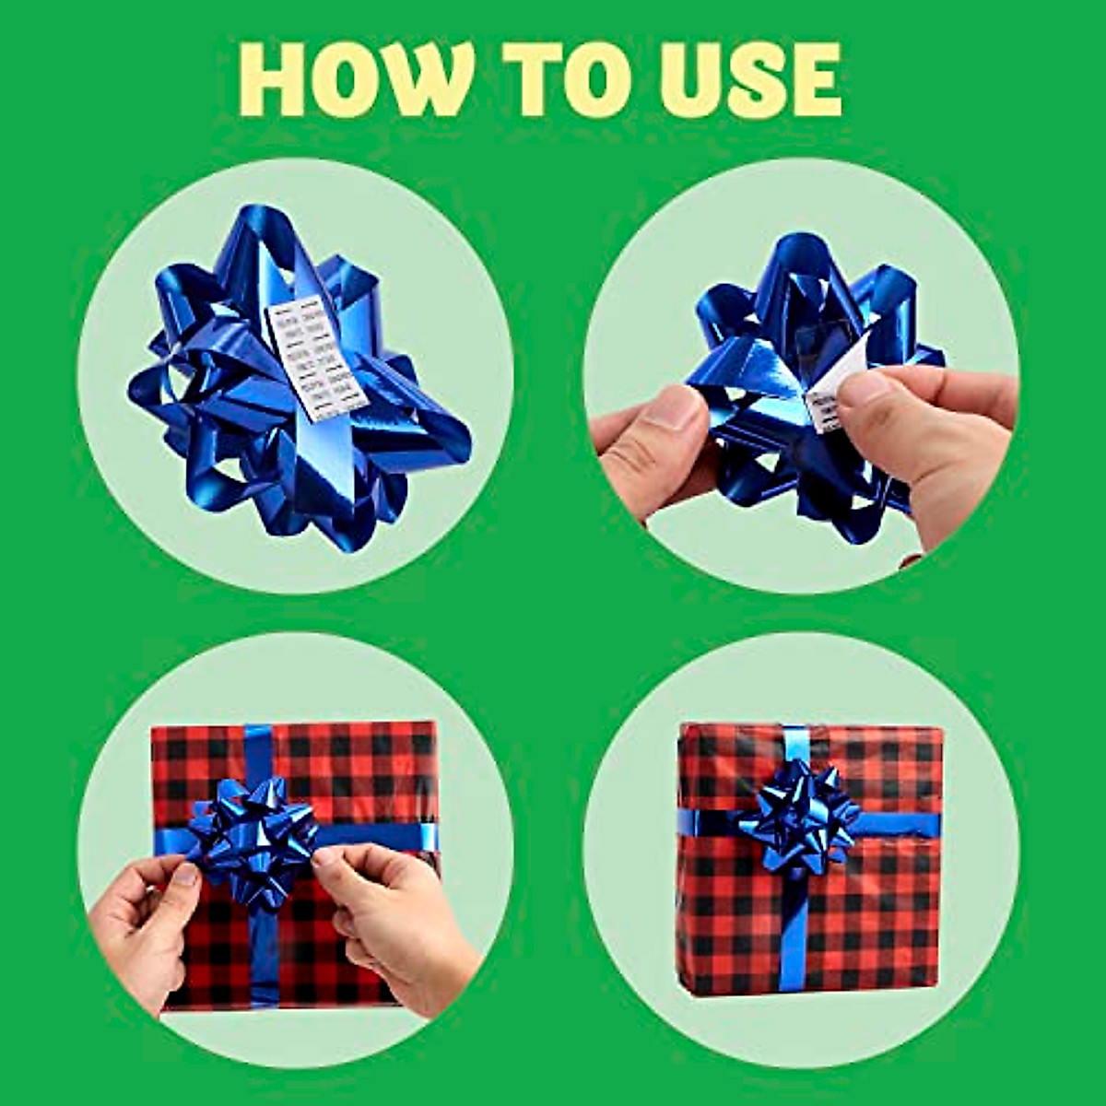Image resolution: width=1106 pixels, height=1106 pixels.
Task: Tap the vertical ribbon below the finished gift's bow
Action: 795,931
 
